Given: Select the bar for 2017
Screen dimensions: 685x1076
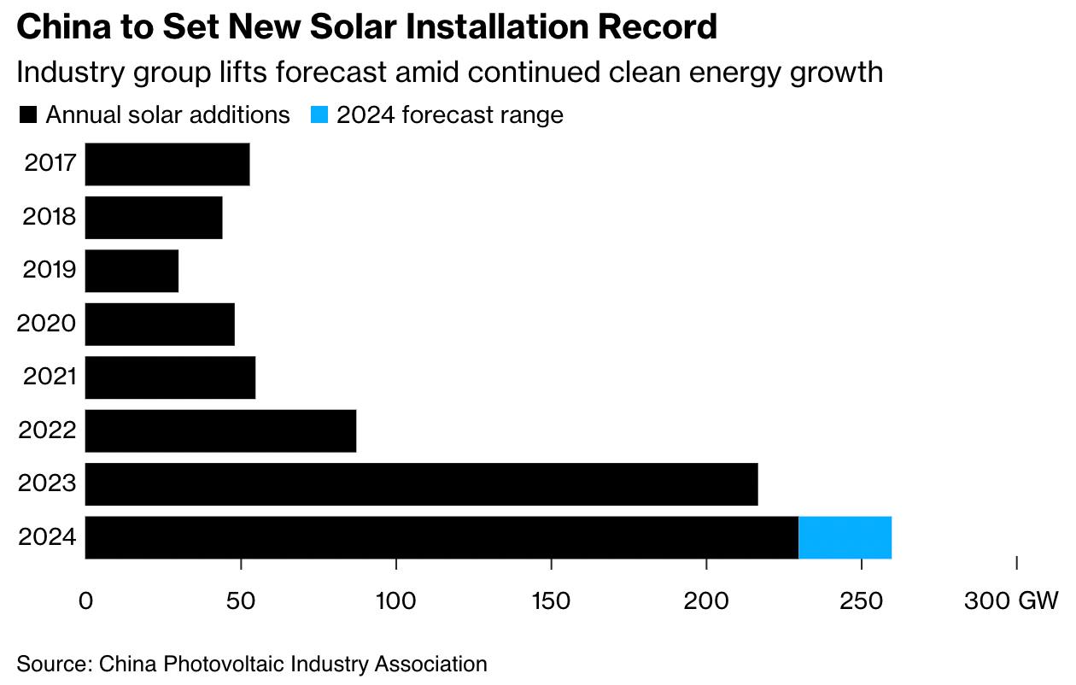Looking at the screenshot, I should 167,164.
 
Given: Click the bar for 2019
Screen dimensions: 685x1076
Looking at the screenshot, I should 132,271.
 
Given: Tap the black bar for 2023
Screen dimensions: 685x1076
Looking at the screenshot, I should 422,484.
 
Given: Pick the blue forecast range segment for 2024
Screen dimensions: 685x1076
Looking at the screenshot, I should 845,537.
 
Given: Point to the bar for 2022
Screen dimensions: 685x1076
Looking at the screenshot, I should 220,430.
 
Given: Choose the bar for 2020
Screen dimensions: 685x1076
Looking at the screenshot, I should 160,324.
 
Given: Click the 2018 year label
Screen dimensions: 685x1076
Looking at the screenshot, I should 50,217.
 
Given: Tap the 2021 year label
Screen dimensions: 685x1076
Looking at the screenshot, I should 50,377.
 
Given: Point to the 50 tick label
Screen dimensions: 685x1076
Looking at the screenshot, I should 241,600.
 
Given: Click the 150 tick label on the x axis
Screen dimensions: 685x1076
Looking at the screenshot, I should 552,600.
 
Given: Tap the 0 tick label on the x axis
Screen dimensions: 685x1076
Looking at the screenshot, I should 85,600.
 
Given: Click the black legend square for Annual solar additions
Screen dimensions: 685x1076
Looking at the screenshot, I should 27,115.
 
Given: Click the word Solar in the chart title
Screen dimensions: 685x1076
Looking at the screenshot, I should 348,27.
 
